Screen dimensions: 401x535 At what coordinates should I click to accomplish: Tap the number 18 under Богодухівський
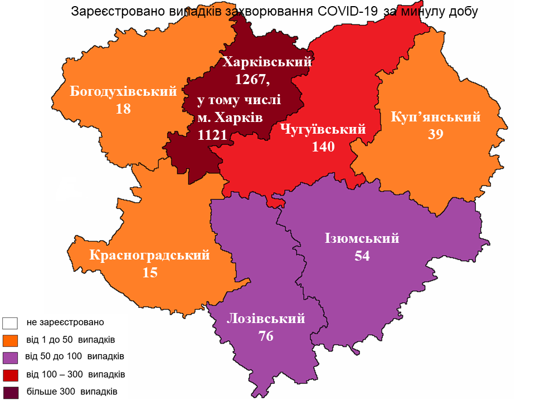[123, 109]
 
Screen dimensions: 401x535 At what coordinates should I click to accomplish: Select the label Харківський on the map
[267, 62]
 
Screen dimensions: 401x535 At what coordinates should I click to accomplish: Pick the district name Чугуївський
[323, 130]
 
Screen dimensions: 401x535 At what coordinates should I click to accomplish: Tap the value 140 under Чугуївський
[323, 147]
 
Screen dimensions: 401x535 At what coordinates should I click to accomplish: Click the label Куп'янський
[436, 117]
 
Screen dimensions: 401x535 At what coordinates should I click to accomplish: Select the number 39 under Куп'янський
[436, 135]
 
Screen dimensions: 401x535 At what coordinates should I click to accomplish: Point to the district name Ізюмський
[362, 238]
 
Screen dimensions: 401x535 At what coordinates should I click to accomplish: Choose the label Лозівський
[266, 319]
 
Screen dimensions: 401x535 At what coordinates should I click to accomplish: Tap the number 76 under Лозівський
[266, 336]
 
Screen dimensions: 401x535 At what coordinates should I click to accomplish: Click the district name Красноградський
[150, 255]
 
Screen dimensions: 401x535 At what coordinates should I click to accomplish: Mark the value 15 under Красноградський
[150, 273]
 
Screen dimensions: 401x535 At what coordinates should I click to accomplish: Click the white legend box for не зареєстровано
[11, 322]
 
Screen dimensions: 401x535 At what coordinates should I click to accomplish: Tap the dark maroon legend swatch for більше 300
[11, 392]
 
